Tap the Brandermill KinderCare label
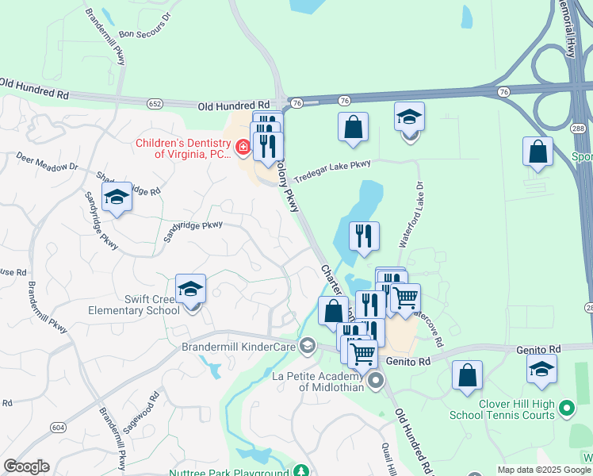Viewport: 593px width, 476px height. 238,347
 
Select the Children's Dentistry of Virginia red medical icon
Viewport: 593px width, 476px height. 243,147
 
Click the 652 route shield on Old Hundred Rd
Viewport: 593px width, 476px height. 155,103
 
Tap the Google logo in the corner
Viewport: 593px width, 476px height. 26,466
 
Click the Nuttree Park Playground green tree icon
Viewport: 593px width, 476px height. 301,472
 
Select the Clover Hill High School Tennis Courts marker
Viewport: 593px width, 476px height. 566,409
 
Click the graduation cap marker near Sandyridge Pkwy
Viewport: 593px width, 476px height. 117,198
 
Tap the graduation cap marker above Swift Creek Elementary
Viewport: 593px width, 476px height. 190,290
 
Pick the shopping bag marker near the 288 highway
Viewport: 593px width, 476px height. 538,152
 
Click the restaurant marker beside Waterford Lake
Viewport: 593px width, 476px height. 364,236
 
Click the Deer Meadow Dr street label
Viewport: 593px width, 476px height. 47,167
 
